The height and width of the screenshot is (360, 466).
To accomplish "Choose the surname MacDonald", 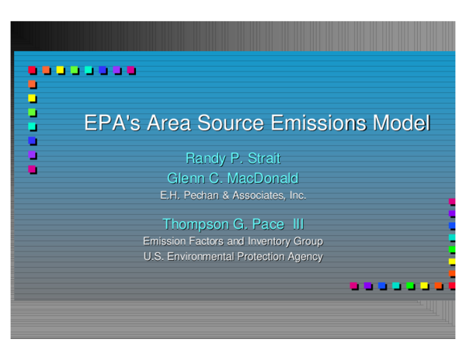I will pyautogui.click(x=261, y=178).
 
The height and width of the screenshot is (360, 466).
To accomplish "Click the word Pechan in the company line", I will pyautogui.click(x=201, y=196).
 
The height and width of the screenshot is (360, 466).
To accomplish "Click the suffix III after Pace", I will pyautogui.click(x=297, y=224).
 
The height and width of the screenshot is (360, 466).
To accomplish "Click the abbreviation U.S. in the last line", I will pyautogui.click(x=154, y=257).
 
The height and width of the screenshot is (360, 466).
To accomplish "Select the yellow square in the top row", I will pyautogui.click(x=61, y=70).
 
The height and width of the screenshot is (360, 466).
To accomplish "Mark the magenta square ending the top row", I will pyautogui.click(x=131, y=70).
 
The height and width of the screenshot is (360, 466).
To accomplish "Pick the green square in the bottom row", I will pyautogui.click(x=410, y=286).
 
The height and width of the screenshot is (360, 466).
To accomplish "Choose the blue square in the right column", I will pyautogui.click(x=452, y=226).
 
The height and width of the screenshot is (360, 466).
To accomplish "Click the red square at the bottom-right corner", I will pyautogui.click(x=452, y=286).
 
